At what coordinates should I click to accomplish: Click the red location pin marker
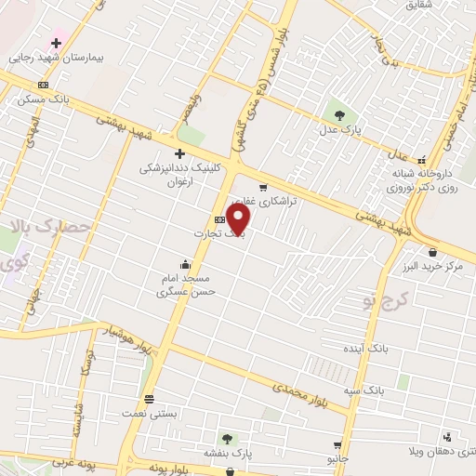click(239, 220)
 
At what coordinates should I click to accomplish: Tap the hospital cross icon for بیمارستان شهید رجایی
click(57, 43)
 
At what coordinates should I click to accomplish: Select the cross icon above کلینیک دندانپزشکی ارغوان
click(179, 153)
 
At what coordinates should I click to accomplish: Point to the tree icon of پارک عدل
click(339, 115)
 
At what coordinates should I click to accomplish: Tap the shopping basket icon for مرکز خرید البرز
click(432, 252)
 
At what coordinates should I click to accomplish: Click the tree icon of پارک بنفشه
click(228, 438)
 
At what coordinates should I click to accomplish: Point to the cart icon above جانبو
click(337, 445)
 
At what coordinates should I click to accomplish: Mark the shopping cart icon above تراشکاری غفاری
click(263, 187)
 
